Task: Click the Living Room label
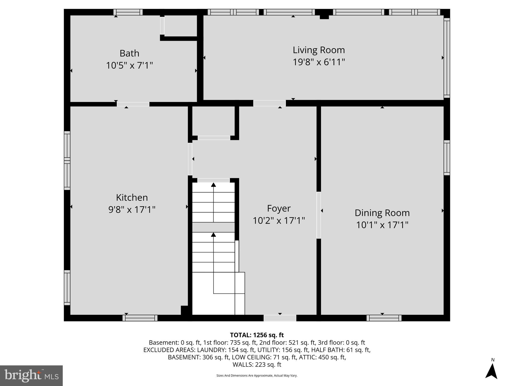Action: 319,50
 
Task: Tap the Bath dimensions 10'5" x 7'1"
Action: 129,66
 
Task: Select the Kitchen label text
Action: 132,198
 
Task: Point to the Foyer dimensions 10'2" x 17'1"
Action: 279,221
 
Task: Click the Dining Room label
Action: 382,213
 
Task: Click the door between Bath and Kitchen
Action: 133,104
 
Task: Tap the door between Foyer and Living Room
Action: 269,103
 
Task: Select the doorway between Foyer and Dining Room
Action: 318,215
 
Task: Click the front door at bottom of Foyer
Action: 280,318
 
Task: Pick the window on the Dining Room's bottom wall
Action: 384,318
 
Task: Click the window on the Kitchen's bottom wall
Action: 140,318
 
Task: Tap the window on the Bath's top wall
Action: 128,12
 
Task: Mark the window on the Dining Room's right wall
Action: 447,158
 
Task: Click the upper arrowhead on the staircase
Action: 213,185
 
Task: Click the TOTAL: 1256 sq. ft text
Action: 257,335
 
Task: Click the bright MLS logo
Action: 31,375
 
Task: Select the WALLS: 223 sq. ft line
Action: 257,364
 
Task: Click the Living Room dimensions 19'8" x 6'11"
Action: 319,62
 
